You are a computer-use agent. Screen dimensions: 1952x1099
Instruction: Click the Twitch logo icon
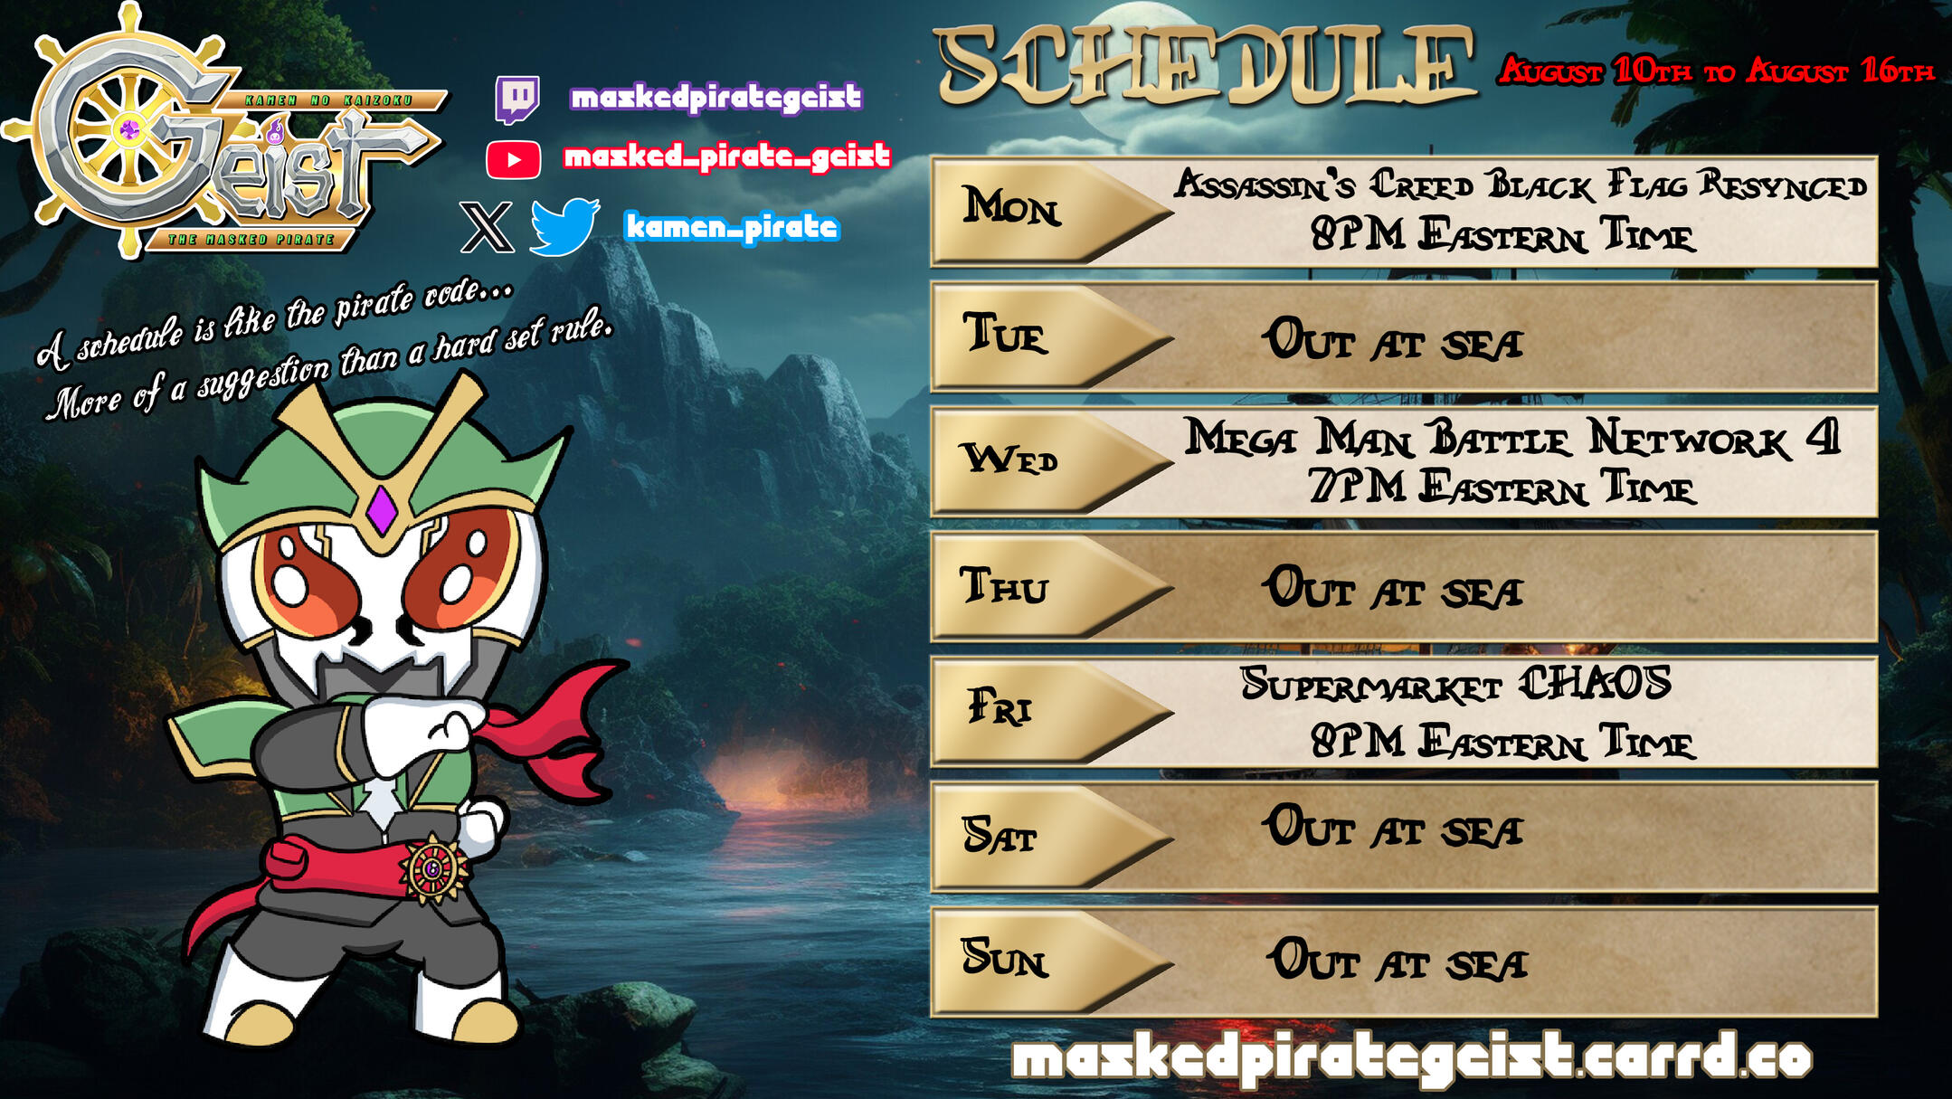[x=517, y=99]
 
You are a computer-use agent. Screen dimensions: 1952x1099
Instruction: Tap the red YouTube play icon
[x=514, y=160]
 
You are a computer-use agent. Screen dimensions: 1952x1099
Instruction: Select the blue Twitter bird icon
[x=564, y=226]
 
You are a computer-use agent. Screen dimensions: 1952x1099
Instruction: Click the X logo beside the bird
[x=487, y=227]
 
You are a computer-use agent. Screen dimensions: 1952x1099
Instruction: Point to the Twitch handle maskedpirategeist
[x=716, y=97]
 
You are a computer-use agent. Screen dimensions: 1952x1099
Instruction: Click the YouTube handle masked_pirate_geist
[x=727, y=157]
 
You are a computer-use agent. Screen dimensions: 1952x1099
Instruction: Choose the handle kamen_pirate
[x=732, y=226]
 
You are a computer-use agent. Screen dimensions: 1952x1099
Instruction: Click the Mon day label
[x=1010, y=206]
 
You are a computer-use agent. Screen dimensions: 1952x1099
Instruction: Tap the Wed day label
[x=1009, y=458]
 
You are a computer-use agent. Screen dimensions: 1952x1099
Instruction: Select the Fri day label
[x=1000, y=706]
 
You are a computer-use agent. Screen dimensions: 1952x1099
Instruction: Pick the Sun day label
[x=1005, y=957]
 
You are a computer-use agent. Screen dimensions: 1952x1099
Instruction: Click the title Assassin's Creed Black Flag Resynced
[x=1520, y=185]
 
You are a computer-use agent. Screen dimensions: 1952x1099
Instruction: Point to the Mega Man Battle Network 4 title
[x=1512, y=437]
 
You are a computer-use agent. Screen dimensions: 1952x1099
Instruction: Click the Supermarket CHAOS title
[x=1455, y=684]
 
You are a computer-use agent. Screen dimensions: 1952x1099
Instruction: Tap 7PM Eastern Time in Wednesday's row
[x=1502, y=487]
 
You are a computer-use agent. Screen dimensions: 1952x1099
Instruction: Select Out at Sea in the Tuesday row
[x=1393, y=340]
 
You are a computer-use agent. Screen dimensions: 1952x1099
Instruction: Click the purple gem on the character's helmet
[x=381, y=510]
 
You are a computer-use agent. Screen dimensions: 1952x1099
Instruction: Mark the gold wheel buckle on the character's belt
[x=434, y=869]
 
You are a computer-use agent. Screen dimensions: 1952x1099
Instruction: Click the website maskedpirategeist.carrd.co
[x=1411, y=1057]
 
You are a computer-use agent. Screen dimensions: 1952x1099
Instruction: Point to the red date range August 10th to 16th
[x=1716, y=71]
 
